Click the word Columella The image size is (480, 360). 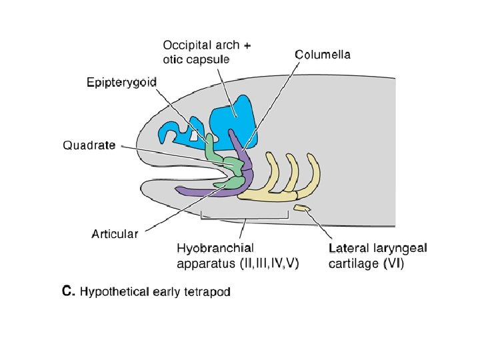pyautogui.click(x=323, y=54)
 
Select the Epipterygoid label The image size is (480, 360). pyautogui.click(x=121, y=83)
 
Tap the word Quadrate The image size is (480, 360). pyautogui.click(x=89, y=145)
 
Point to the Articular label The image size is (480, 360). pyautogui.click(x=115, y=233)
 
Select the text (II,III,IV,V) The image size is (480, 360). pyautogui.click(x=269, y=263)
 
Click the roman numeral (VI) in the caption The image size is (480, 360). pyautogui.click(x=393, y=263)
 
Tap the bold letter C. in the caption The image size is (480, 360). pyautogui.click(x=67, y=291)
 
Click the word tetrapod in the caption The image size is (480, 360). pyautogui.click(x=207, y=292)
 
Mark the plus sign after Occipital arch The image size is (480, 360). pyautogui.click(x=247, y=46)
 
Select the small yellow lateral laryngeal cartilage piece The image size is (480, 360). pyautogui.click(x=303, y=209)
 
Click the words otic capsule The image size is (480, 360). pyautogui.click(x=196, y=59)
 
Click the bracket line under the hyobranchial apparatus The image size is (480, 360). pyautogui.click(x=245, y=217)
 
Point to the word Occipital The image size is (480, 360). pyautogui.click(x=187, y=45)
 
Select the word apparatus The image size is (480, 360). pyautogui.click(x=205, y=263)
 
